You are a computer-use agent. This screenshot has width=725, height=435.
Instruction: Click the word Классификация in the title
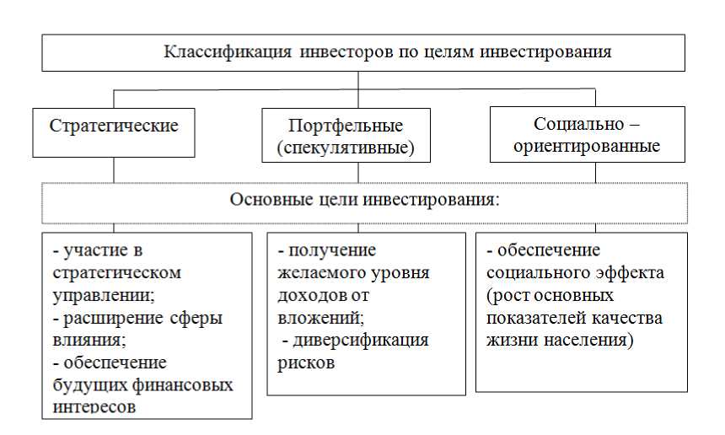(228, 52)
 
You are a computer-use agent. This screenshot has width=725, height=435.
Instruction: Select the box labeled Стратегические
(114, 132)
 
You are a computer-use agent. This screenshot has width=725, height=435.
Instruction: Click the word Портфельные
(346, 126)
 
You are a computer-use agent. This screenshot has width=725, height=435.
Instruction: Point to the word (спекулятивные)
(346, 148)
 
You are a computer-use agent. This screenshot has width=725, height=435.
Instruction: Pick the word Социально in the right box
(579, 124)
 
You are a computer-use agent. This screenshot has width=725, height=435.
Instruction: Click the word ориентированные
(587, 146)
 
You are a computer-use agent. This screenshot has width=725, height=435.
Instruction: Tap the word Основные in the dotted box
(271, 200)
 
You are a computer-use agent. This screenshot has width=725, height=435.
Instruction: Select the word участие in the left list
(96, 250)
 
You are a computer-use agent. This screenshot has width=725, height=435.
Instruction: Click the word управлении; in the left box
(104, 295)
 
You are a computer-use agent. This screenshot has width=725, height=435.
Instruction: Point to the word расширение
(113, 318)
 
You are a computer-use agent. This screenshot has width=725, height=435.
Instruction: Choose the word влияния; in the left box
(89, 341)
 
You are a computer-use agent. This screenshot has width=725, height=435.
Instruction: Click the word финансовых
(183, 385)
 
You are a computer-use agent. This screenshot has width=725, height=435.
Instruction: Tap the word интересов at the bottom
(94, 407)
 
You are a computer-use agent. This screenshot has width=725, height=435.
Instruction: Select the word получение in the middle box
(332, 250)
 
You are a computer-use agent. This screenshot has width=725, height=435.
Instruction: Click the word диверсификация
(361, 341)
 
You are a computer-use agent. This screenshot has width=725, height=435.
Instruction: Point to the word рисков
(306, 362)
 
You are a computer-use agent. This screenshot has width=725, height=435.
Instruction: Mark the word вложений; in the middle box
(321, 318)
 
